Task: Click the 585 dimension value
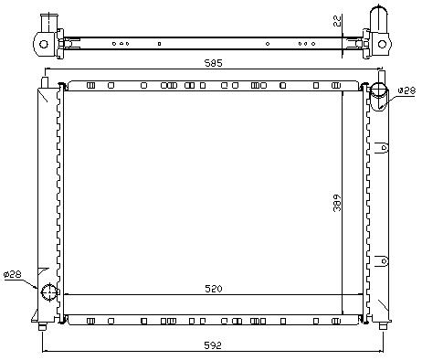coord(214,63)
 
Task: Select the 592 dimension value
coord(213,345)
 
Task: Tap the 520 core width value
coord(214,289)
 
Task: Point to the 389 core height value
coord(337,203)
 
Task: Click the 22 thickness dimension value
coord(338,21)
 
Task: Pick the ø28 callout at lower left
coord(13,274)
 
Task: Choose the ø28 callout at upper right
coord(407,90)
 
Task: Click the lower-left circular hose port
coord(49,291)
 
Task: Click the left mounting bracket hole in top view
coord(44,45)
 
